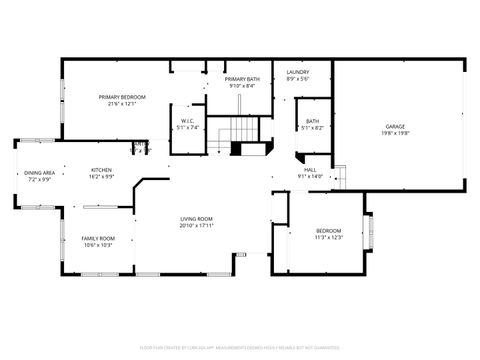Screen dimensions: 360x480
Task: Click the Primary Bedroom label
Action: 122,96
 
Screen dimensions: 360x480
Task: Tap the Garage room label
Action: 396,126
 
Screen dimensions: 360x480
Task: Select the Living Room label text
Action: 196,219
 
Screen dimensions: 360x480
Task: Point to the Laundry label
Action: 297,72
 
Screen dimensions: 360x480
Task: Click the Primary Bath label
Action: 242,79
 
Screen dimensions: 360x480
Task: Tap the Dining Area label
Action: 39,173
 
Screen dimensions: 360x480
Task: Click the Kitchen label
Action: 102,169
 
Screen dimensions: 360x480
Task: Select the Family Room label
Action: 98,238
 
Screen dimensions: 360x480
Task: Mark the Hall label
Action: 311,170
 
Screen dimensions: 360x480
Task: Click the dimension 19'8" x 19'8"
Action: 396,133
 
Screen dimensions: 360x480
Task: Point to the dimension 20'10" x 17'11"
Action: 196,225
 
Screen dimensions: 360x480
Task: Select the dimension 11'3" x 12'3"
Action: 329,237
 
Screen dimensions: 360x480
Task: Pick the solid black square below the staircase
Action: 237,149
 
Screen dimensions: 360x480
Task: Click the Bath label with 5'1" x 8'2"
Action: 313,121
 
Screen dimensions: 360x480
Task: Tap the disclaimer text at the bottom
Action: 239,348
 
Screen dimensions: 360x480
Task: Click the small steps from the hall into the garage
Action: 339,174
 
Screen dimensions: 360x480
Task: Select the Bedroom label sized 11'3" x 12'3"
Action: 329,230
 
